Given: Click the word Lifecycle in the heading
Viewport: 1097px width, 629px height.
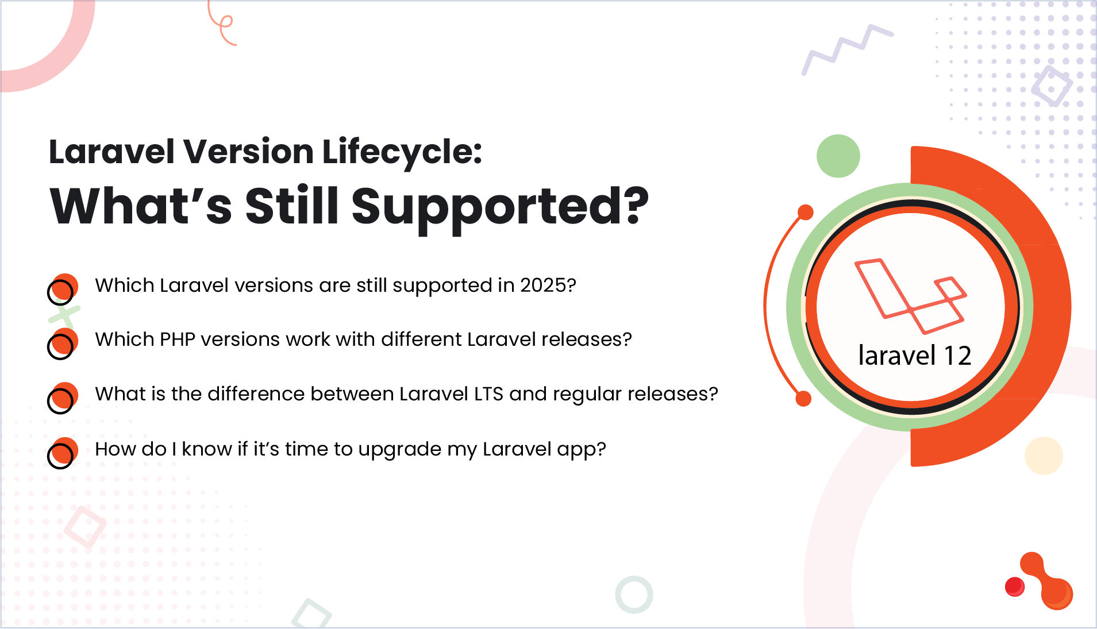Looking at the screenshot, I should point(401,152).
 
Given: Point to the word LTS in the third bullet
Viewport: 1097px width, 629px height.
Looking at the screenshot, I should point(488,394).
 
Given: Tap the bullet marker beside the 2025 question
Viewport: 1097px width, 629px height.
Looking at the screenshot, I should point(62,289).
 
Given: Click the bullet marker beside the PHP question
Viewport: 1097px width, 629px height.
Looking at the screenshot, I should point(62,344).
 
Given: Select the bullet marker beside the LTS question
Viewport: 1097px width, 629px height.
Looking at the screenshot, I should point(62,398).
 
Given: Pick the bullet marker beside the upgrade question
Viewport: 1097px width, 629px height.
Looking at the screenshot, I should point(62,453).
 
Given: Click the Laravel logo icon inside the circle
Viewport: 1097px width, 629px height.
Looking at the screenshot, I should point(910,296).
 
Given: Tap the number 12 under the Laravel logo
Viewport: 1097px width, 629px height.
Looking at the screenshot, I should point(957,356).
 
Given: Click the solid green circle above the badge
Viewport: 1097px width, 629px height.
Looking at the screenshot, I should point(838,156).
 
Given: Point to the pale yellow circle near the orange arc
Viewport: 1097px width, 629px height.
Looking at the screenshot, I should point(1043,456).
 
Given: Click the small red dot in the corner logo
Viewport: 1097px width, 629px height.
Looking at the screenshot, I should point(1015,586).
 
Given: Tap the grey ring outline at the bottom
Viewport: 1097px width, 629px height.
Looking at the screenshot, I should point(634,595).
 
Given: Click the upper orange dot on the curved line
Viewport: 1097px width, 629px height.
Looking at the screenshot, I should point(806,213).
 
